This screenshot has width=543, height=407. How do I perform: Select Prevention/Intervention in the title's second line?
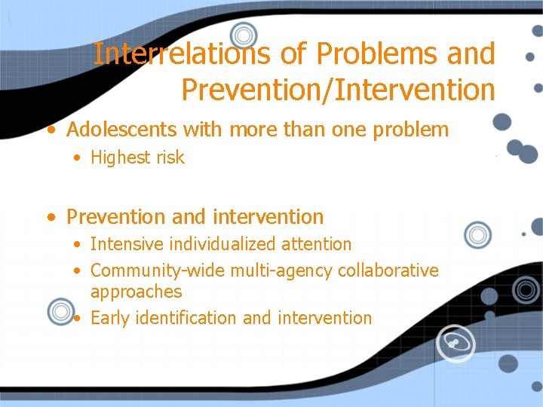(x=338, y=89)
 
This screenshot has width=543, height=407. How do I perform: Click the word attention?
(x=317, y=244)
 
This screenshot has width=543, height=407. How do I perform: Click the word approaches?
(x=136, y=292)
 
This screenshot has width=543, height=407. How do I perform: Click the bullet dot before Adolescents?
(x=51, y=130)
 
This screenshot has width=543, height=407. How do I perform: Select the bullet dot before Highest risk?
(x=78, y=158)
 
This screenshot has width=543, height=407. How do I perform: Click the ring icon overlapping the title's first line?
(x=243, y=34)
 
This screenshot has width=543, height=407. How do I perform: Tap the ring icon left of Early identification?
(x=60, y=311)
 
